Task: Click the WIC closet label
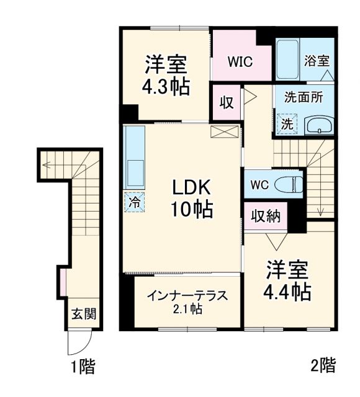[x=240, y=61]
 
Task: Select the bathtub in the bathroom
[x=287, y=58]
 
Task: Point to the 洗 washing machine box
[x=287, y=123]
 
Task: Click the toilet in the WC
[x=290, y=184]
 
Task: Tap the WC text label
[x=260, y=185]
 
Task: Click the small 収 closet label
[x=226, y=102]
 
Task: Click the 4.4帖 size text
[x=289, y=290]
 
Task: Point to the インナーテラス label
[x=187, y=295]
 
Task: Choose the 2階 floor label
[x=322, y=365]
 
